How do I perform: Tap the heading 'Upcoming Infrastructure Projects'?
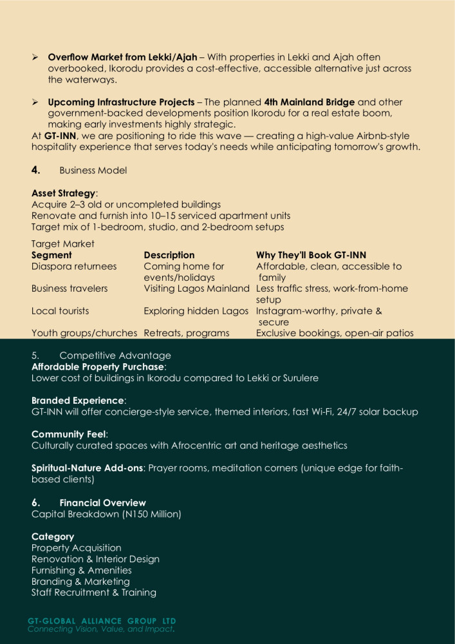point(121,102)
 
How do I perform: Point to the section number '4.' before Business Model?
point(36,171)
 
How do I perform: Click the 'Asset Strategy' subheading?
point(64,193)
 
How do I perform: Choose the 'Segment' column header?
point(51,255)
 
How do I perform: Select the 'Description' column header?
point(169,255)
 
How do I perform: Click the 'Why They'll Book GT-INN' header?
point(311,255)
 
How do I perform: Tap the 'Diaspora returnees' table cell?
point(74,266)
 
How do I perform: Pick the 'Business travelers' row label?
point(70,289)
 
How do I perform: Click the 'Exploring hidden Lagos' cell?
point(196,311)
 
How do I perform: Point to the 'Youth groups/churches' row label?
point(84,333)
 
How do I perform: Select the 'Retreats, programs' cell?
point(186,333)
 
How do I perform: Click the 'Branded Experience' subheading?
point(78,401)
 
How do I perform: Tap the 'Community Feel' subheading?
point(69,434)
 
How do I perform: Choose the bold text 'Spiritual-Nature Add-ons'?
point(88,468)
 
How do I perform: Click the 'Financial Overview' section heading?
point(102,503)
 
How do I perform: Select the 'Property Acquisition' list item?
point(76,548)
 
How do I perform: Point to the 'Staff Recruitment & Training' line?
point(93,592)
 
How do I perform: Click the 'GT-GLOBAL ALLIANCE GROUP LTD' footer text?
point(102,621)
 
